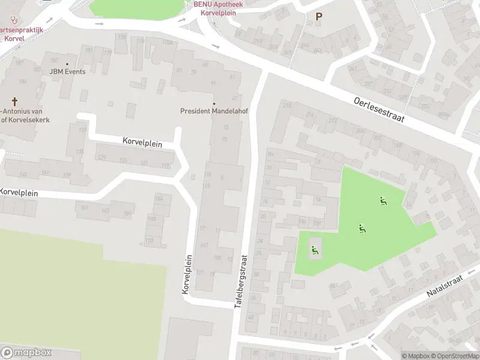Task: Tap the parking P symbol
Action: tap(319, 17)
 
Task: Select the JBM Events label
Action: tap(67, 72)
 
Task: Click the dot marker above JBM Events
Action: tap(67, 64)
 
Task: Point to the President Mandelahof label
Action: tap(210, 111)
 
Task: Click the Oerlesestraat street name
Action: tap(379, 110)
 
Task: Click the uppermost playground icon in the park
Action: tap(383, 201)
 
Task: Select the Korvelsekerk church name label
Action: tap(25, 116)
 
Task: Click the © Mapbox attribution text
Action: tap(416, 356)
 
